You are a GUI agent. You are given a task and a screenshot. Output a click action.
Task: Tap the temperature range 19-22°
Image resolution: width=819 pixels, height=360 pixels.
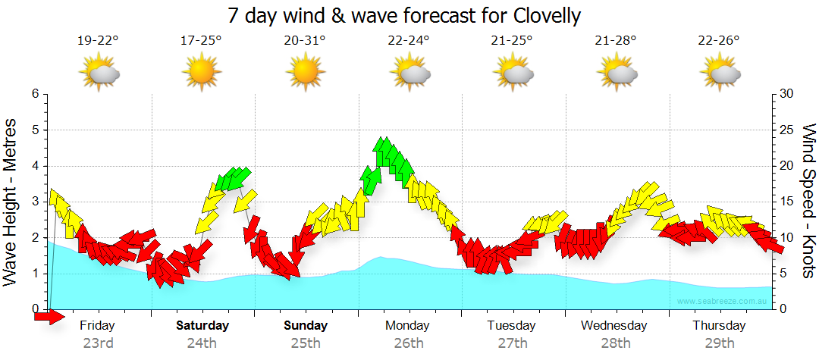tap(98, 42)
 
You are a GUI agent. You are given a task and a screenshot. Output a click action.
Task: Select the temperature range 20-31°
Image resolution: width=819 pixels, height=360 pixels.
tap(305, 42)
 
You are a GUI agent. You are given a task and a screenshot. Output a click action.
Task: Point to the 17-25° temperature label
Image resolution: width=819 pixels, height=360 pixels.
tap(201, 42)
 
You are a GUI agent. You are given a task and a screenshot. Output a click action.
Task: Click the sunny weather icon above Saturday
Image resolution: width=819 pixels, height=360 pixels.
tap(201, 72)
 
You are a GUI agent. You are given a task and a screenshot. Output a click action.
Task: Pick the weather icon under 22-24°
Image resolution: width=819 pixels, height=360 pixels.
tap(409, 72)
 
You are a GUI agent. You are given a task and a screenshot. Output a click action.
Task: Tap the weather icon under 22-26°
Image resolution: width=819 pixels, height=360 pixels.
tap(720, 72)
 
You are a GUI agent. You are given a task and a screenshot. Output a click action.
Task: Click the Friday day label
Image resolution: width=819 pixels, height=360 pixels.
tap(98, 326)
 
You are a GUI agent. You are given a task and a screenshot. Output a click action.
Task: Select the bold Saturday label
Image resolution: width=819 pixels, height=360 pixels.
tap(202, 326)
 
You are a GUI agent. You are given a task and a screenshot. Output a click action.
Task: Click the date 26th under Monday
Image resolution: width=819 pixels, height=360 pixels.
tap(409, 343)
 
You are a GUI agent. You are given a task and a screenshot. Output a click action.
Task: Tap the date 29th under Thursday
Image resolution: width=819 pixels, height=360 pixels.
tap(720, 343)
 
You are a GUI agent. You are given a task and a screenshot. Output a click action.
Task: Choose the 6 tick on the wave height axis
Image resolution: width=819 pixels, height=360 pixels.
tap(34, 94)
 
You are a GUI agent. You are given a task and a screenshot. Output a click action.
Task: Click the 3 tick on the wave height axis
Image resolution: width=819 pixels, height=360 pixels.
tap(34, 202)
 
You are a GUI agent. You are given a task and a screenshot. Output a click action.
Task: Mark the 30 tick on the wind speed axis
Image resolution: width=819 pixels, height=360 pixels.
tap(787, 94)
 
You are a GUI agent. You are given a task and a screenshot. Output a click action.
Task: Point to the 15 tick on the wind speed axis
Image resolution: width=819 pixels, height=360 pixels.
tap(787, 202)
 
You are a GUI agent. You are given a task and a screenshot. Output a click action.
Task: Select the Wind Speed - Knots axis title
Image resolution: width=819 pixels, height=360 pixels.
tap(807, 201)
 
